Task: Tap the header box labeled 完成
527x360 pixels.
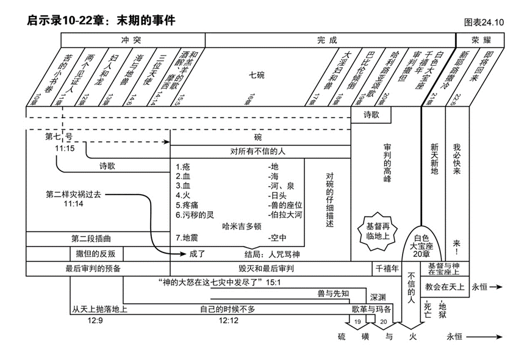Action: pos(327,40)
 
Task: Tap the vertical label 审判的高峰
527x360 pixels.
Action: pos(387,164)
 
